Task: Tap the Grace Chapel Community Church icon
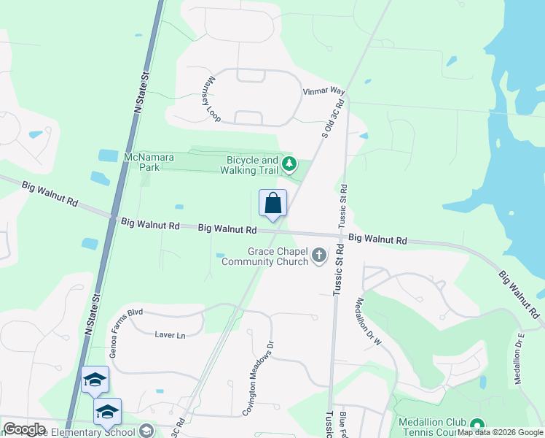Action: pos(318,255)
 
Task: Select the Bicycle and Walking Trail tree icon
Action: pos(290,164)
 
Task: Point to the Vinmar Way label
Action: pos(323,91)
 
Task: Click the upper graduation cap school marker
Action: pos(95,379)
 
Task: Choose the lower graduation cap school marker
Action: pos(108,411)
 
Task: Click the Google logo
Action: pos(24,429)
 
